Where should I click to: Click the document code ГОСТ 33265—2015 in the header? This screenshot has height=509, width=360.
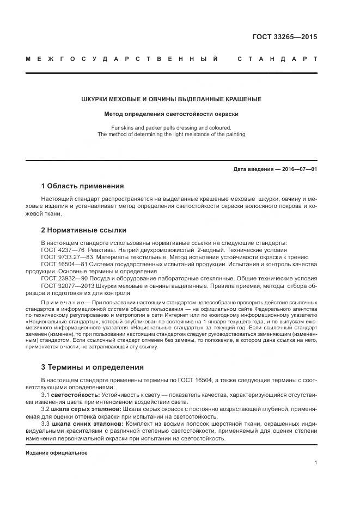point(284,37)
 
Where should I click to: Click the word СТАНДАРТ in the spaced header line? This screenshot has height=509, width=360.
point(278,58)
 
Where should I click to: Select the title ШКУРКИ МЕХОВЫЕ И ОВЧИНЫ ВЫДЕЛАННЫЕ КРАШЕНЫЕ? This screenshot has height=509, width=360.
point(171,99)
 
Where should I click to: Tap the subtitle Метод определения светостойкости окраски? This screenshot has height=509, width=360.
point(172,114)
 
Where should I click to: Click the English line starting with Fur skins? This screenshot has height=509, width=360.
point(171,127)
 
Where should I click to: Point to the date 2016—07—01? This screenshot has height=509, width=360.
point(297,169)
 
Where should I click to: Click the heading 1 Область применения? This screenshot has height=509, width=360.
point(82,186)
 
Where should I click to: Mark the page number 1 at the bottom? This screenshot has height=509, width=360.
point(315,462)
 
